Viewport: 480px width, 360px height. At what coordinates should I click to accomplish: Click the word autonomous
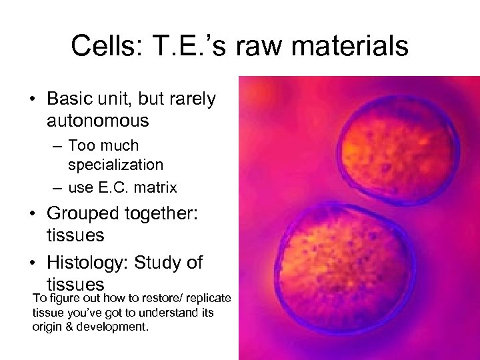(x=97, y=121)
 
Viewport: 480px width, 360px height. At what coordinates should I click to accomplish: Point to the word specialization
(x=115, y=164)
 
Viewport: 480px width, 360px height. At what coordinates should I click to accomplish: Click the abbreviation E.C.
(x=114, y=188)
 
